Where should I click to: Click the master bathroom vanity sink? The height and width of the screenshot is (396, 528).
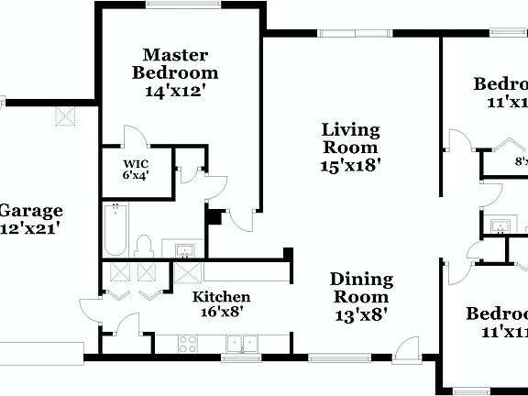point(182,250)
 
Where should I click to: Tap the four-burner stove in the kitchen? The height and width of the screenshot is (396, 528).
point(188,344)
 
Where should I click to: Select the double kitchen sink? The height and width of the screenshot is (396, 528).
point(242,344)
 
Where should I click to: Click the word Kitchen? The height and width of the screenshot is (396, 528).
point(221,297)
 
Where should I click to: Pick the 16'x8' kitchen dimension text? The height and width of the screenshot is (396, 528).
point(221,312)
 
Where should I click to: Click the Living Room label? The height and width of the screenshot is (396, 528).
point(349,138)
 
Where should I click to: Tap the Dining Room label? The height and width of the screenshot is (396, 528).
point(361,288)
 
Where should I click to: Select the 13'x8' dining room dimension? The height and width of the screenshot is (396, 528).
point(361,314)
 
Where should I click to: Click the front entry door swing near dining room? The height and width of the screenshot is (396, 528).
point(409,346)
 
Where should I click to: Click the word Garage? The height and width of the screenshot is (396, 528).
point(31,211)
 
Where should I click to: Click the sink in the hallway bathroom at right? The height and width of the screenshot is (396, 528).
point(500,225)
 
